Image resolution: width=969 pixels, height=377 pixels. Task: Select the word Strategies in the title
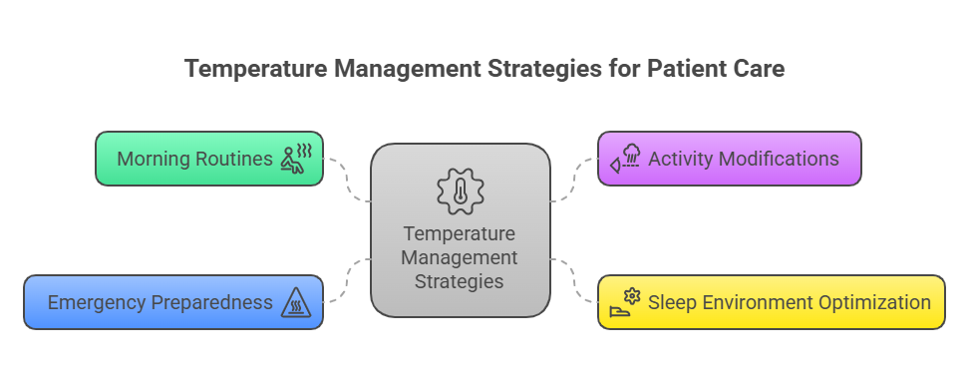[532, 70]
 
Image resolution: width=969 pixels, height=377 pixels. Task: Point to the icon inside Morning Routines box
[297, 158]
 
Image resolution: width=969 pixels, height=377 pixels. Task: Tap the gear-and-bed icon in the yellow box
[626, 301]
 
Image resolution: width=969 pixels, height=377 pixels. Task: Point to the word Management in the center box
[461, 257]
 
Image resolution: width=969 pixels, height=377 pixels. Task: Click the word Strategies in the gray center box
[461, 281]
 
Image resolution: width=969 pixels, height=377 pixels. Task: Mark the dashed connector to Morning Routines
[348, 180]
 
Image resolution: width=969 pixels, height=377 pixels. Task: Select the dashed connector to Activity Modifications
[573, 180]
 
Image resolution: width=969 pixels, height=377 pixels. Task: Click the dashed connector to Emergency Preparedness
[348, 280]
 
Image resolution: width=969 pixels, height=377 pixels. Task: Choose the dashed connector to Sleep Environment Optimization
[573, 280]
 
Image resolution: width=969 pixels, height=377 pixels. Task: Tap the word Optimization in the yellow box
[874, 302]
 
